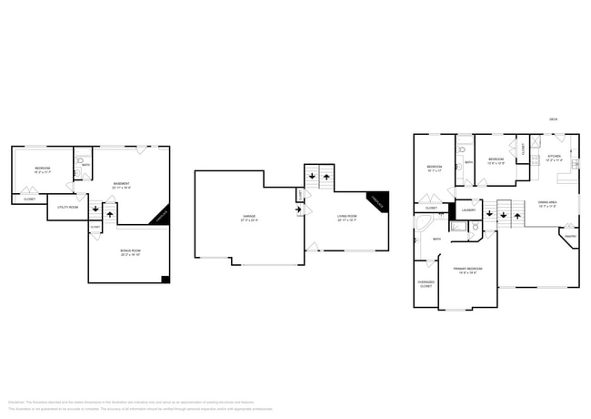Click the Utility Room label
click(x=68, y=207)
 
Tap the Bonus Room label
click(x=130, y=252)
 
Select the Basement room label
click(x=121, y=185)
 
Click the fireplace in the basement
click(x=159, y=215)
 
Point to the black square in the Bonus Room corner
click(x=165, y=279)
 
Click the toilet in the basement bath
click(x=79, y=170)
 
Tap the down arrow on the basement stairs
click(x=95, y=210)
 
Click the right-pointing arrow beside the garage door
click(x=297, y=209)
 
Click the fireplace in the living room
click(x=377, y=202)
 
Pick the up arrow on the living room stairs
click(x=326, y=175)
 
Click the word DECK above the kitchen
click(x=553, y=119)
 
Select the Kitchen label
click(x=554, y=158)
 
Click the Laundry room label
click(x=469, y=209)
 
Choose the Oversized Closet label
click(x=426, y=284)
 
